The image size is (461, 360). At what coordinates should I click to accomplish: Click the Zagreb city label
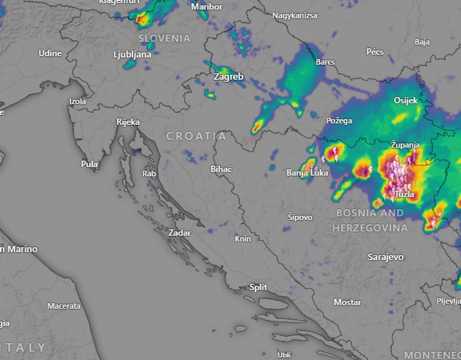point(228,76)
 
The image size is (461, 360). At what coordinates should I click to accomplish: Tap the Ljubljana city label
point(132,54)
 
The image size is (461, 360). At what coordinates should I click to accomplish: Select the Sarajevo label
point(385,257)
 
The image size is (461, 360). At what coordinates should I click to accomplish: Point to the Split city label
point(258,287)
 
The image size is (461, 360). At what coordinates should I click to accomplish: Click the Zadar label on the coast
point(179,233)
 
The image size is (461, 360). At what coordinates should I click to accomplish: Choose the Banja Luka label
point(307,173)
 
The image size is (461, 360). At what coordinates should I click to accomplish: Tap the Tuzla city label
point(404,194)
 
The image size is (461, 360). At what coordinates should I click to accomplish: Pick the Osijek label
point(406,100)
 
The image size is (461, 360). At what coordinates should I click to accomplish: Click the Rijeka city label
point(128,122)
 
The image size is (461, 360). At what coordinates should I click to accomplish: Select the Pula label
point(89,164)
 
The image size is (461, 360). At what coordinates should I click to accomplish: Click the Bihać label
point(221,169)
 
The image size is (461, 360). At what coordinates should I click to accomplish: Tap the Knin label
point(243,239)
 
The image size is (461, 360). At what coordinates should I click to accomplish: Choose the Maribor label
point(207,7)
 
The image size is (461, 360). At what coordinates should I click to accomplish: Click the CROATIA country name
point(196,136)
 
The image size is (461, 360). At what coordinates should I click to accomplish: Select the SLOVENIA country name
point(164,39)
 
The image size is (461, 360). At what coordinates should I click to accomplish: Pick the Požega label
point(339,121)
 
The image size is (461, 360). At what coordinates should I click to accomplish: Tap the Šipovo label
point(300,217)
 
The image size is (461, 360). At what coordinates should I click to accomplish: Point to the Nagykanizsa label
point(295,16)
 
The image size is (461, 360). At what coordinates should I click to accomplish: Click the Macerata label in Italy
point(64,306)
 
